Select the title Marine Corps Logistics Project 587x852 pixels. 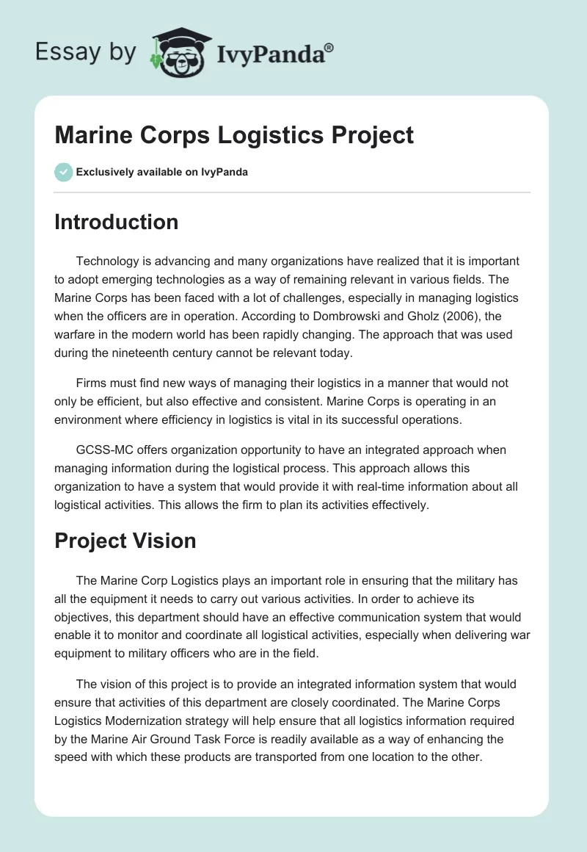(x=234, y=135)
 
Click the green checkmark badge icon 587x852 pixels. (x=63, y=172)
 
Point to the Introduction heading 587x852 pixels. (x=116, y=222)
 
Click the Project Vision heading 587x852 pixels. (x=125, y=541)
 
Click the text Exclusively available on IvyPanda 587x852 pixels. (x=162, y=173)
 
